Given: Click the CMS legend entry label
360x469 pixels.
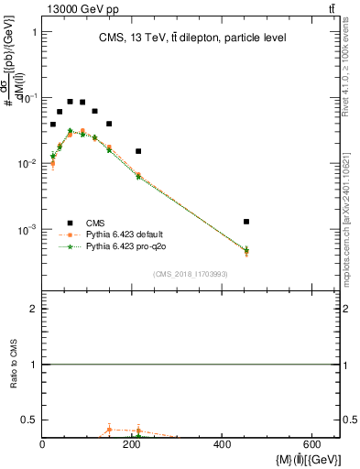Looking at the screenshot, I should pos(95,223).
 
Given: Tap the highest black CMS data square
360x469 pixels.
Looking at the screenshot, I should pos(70,102).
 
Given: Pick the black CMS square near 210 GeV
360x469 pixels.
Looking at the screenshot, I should pos(138,151).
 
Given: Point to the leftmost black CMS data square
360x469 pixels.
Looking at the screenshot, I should pos(53,125).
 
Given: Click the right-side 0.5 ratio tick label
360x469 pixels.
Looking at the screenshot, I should pos(351,420).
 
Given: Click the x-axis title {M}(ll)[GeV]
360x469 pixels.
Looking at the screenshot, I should pos(307,458).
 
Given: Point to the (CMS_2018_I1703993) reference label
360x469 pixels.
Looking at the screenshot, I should pos(190,274).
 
